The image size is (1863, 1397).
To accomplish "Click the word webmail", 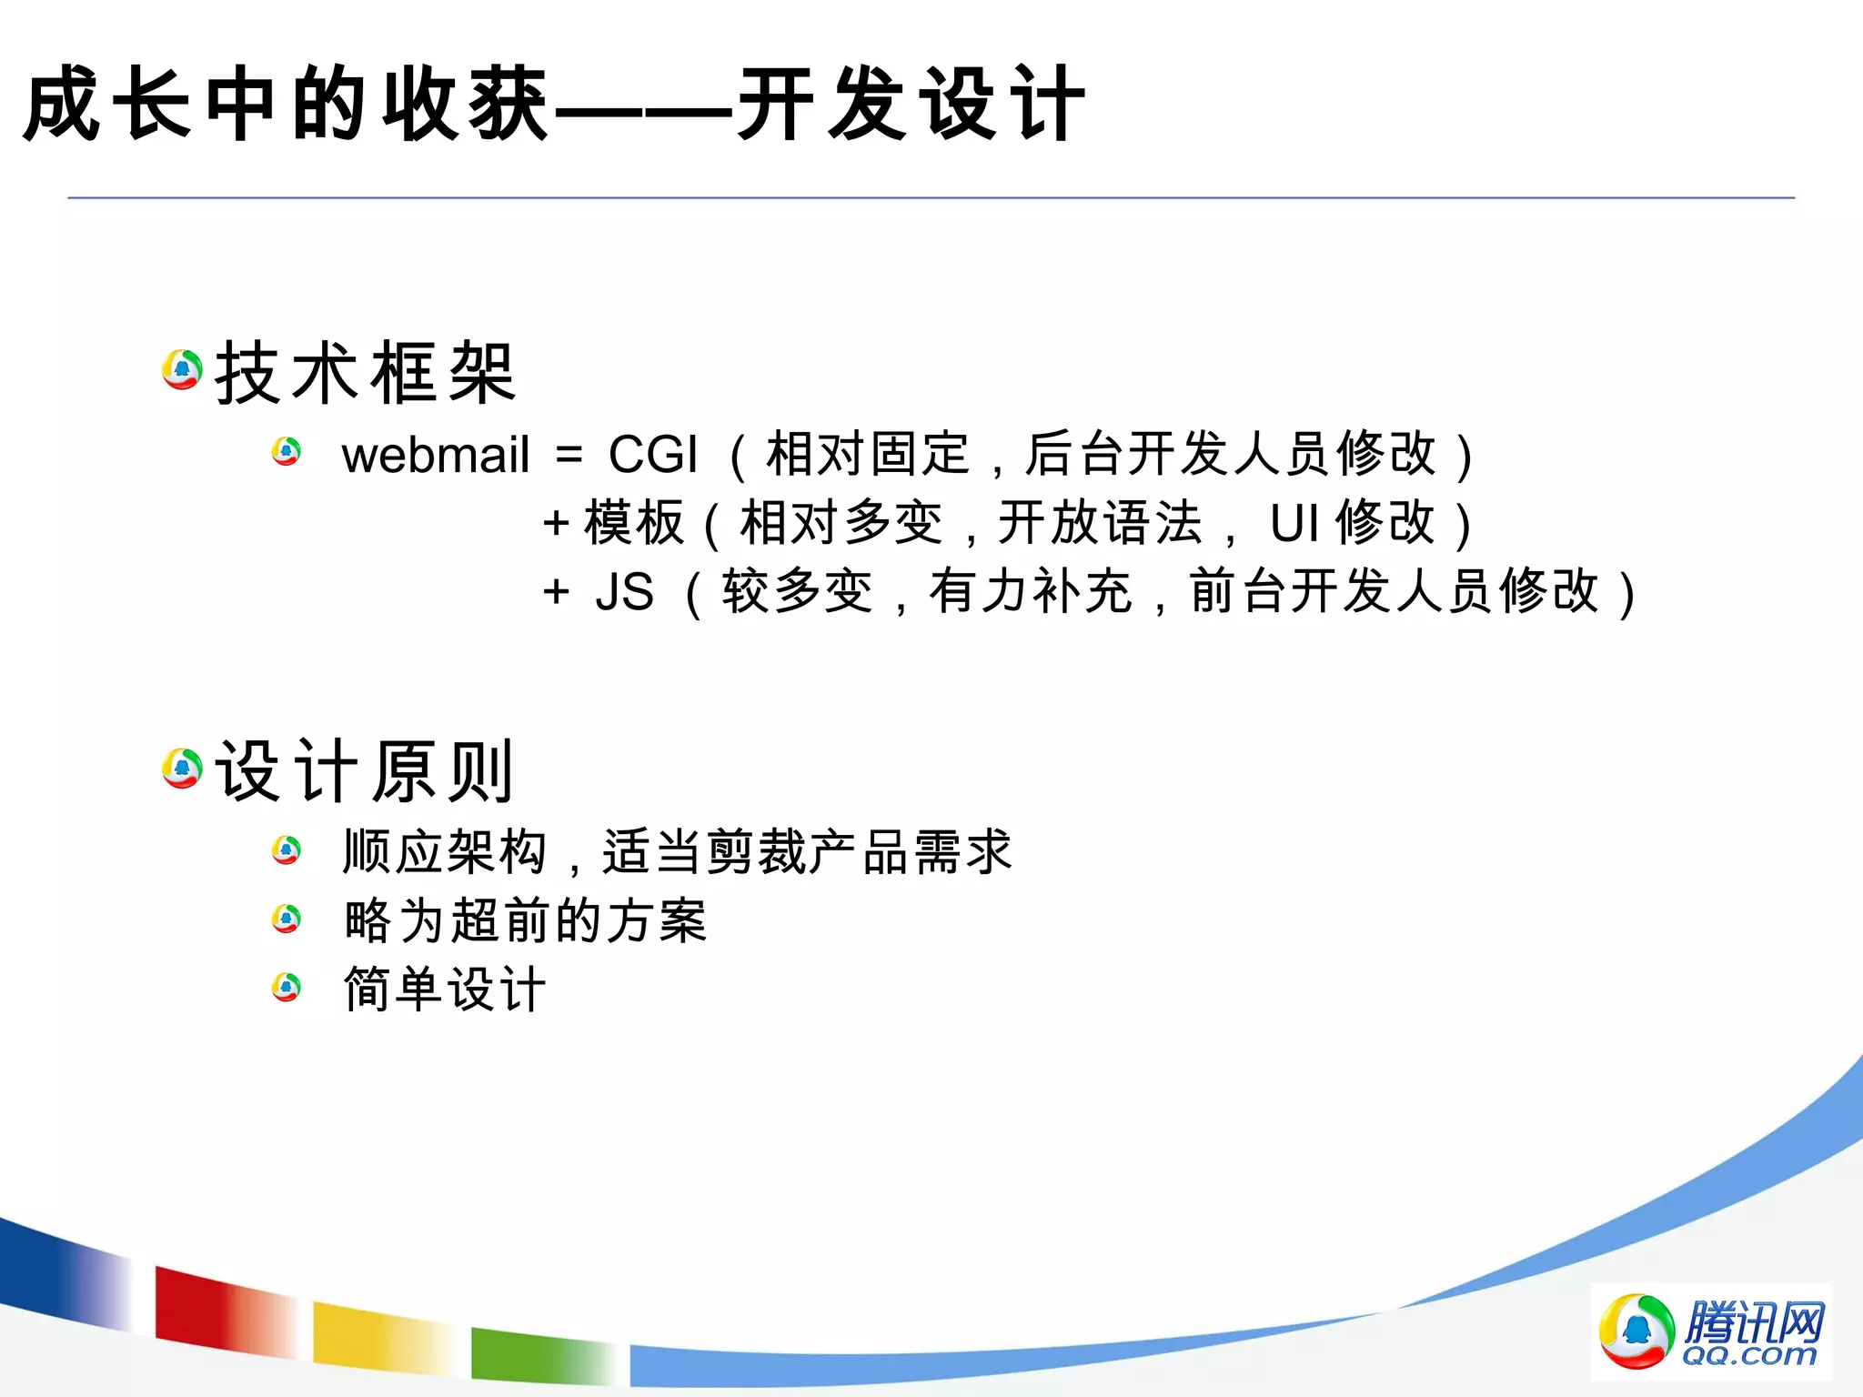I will (x=435, y=455).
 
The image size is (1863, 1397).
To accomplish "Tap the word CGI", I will (x=652, y=455).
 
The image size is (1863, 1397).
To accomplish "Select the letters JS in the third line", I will (x=624, y=592).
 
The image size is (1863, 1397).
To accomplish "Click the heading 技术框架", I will (x=365, y=373).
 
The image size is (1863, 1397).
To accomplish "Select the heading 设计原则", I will (x=365, y=772).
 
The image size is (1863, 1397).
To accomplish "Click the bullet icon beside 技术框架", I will (x=182, y=369).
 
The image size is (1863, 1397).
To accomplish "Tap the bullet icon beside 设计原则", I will (x=182, y=769).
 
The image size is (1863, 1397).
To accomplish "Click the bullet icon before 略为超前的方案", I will (x=287, y=919).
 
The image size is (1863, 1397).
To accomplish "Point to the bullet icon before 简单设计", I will (x=287, y=987).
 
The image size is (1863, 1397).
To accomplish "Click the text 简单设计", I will (x=445, y=990).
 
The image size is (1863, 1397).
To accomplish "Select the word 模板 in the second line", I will (x=634, y=524).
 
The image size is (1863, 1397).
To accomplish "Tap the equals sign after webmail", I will (x=569, y=455).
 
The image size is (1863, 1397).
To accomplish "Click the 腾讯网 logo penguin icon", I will (x=1636, y=1331).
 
